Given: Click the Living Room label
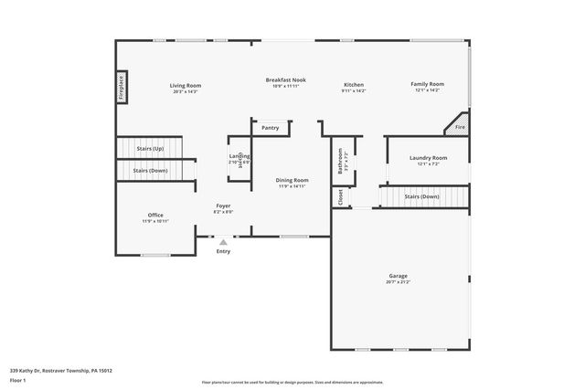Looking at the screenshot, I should point(185,85).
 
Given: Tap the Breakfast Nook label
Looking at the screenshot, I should point(285,79).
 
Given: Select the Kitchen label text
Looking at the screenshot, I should point(353,84).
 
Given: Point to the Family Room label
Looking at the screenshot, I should point(426,84).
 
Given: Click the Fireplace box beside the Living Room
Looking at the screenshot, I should point(121,88).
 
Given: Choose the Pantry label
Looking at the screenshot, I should point(270,128).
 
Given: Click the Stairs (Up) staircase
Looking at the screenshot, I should point(149,147).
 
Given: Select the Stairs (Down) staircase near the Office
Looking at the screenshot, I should point(151,171).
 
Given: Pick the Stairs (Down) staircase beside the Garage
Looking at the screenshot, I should point(422,196).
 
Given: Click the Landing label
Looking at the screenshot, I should point(233,156).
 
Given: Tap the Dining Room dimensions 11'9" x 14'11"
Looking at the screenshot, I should point(292,186).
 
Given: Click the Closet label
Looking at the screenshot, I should point(340,196).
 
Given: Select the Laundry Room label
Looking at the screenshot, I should point(426,157).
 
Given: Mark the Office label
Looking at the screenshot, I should point(155,215).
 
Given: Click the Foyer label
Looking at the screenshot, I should point(223,206).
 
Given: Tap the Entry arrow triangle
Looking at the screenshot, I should point(223,242).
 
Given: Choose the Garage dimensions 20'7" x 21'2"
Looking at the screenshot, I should point(398,281).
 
